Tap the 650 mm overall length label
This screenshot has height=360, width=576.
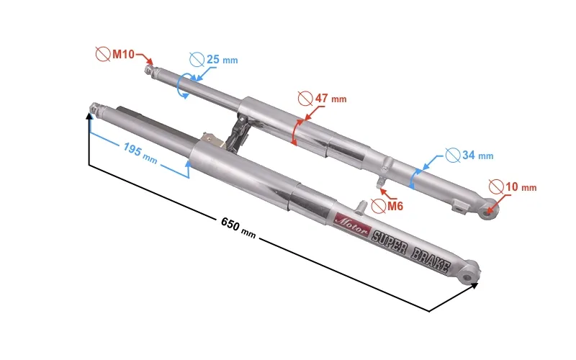point(238,228)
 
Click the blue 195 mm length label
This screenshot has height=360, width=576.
point(140,153)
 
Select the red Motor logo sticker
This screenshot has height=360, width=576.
point(351,223)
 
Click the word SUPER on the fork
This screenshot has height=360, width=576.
point(390,242)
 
